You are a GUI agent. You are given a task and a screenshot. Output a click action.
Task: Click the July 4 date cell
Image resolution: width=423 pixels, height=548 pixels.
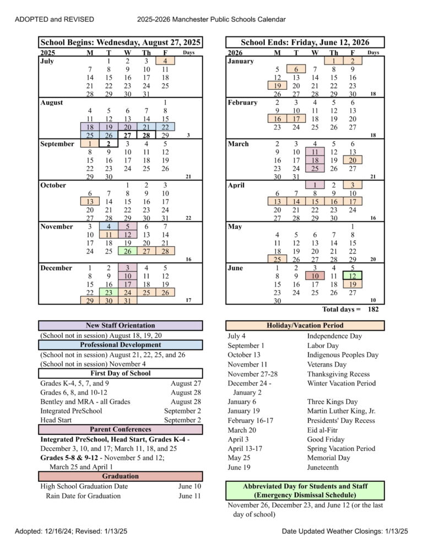pyautogui.click(x=165, y=61)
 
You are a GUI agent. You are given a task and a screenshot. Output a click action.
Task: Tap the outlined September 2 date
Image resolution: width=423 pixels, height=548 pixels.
pyautogui.click(x=109, y=144)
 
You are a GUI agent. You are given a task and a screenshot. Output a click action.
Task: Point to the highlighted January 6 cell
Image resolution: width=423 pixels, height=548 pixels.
pyautogui.click(x=296, y=69)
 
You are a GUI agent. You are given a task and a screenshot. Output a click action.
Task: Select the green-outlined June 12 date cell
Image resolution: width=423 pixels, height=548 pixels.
pyautogui.click(x=352, y=276)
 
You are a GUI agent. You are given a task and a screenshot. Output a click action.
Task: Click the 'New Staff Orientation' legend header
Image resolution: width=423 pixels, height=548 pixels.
pyautogui.click(x=121, y=326)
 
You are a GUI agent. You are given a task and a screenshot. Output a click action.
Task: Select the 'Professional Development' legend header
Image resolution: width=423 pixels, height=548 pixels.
pyautogui.click(x=121, y=345)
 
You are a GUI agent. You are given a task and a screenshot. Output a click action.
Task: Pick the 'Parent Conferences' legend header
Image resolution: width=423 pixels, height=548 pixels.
pyautogui.click(x=121, y=429)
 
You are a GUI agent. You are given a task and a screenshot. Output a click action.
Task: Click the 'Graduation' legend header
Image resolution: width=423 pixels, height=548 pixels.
pyautogui.click(x=121, y=476)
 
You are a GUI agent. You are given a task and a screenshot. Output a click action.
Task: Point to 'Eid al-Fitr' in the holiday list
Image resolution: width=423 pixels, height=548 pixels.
pyautogui.click(x=323, y=430)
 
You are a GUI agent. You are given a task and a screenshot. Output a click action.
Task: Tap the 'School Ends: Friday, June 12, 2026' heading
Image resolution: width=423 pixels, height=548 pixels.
pyautogui.click(x=305, y=42)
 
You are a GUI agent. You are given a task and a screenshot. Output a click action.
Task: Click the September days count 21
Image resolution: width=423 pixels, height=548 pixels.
pyautogui.click(x=188, y=177)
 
